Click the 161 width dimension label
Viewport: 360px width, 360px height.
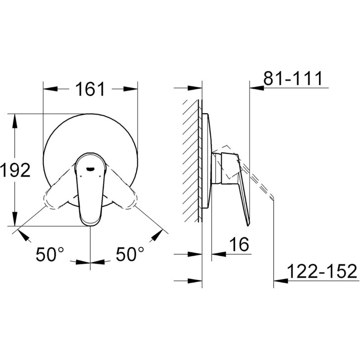(x=90, y=89)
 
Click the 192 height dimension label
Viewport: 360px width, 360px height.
(x=15, y=170)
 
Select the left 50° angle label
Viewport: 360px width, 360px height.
(x=50, y=254)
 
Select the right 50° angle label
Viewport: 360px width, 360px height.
(x=130, y=254)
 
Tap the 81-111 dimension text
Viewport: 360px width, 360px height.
(x=293, y=79)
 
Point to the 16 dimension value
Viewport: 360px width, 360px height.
(x=239, y=244)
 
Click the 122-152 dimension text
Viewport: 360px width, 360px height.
(x=322, y=271)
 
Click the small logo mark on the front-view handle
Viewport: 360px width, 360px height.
(x=90, y=169)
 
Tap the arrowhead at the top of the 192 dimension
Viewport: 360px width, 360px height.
(x=15, y=121)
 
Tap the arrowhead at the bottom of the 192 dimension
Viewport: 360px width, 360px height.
(x=15, y=219)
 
